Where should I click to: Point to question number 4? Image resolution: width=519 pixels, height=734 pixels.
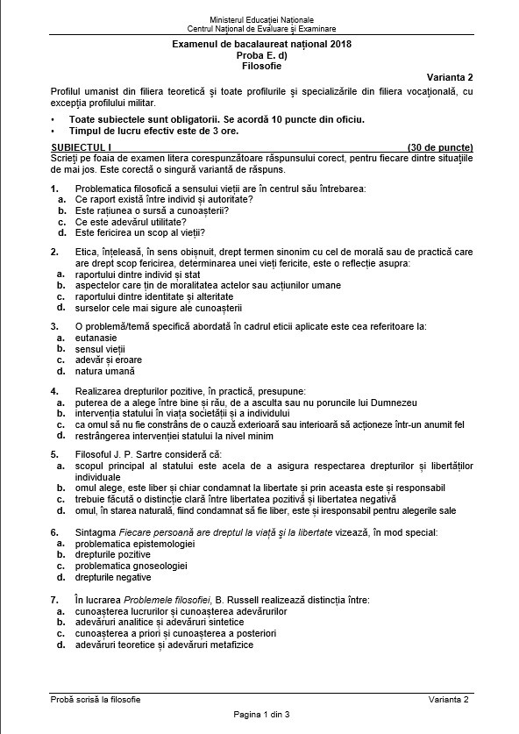54,390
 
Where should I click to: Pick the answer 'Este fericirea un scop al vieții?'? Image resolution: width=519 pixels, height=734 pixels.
139,233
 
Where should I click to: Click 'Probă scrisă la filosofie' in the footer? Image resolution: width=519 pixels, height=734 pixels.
96,699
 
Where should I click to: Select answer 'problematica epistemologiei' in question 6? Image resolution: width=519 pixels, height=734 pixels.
129,544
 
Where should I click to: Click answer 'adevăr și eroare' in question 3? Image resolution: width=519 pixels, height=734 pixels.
109,360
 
